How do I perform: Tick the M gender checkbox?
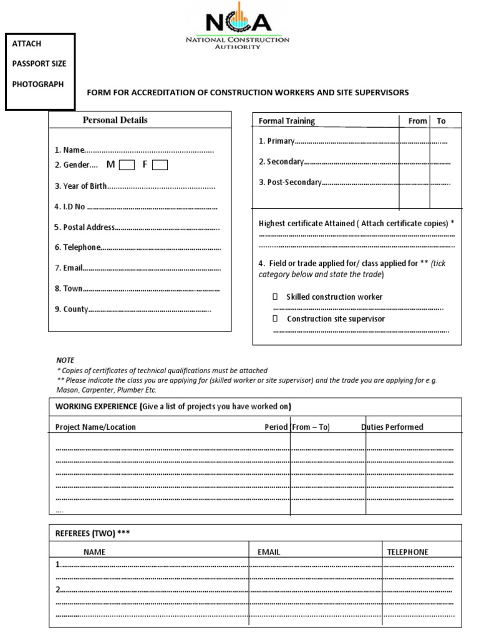[127, 165]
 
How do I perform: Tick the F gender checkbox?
[160, 165]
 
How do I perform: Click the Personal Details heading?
[115, 120]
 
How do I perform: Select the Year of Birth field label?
[80, 186]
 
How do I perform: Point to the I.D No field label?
[70, 207]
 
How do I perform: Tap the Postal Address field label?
[84, 227]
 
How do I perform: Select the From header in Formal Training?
[417, 121]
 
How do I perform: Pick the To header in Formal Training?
[441, 121]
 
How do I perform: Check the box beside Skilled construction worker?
[274, 297]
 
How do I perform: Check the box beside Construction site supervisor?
[274, 319]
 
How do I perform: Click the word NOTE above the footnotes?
[65, 360]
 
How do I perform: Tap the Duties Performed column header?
[392, 427]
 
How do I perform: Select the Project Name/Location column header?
[95, 427]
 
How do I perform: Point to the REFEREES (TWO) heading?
[93, 533]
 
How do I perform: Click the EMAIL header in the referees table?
[269, 552]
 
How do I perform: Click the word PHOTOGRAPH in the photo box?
[38, 84]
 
